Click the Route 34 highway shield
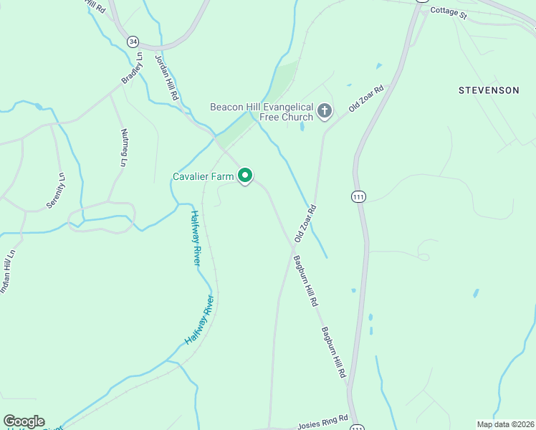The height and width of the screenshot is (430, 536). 133,42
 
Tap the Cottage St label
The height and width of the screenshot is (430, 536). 449,14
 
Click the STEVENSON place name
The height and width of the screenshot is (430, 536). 489,90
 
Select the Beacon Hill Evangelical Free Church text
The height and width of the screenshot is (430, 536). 262,112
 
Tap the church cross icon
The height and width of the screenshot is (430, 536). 325,111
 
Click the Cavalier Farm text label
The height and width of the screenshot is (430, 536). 204,176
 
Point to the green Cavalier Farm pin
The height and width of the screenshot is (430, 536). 245,175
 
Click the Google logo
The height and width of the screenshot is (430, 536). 24,421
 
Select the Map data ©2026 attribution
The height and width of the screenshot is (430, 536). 504,424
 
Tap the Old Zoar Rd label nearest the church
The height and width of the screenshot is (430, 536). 366,98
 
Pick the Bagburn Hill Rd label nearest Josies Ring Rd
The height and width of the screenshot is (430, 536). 334,353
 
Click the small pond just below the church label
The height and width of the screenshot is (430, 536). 302,127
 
